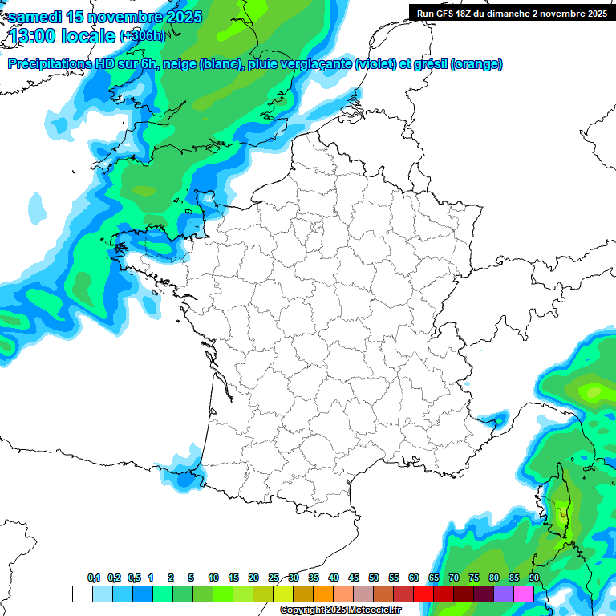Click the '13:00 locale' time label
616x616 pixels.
pos(62,35)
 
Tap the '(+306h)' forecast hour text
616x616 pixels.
pos(142,36)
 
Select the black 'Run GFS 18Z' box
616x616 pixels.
pos(512,13)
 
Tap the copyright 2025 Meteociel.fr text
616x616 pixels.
pos(340,610)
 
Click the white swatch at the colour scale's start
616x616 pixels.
pos(82,594)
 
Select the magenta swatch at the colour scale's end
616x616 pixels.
pos(524,594)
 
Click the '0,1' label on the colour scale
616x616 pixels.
pos(94,578)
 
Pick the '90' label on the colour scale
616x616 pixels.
pos(533,578)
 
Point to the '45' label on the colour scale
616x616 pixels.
pos(354,578)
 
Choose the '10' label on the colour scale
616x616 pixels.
pos(213,578)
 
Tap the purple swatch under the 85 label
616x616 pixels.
pos(504,594)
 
